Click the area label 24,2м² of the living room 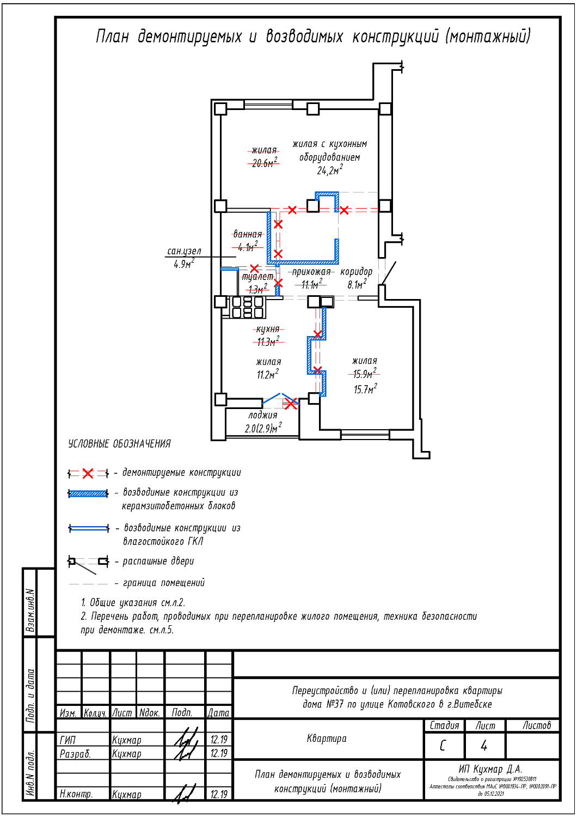[x=329, y=170]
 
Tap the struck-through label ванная [x=248, y=234]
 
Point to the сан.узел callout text [x=184, y=251]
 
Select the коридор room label [x=357, y=271]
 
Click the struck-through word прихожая [x=311, y=271]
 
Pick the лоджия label [x=263, y=415]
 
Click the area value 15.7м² [x=365, y=389]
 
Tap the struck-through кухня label [x=268, y=329]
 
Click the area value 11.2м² [x=268, y=375]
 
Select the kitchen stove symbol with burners [x=249, y=307]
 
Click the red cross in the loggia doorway [x=291, y=404]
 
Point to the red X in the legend [x=88, y=473]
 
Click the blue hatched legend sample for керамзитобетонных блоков [x=88, y=494]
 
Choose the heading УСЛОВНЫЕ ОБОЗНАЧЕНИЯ [x=119, y=444]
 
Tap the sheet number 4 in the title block [x=484, y=745]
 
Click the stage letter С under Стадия [x=443, y=745]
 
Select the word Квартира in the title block [x=327, y=739]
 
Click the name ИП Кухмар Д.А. [x=490, y=769]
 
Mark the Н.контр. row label [x=76, y=794]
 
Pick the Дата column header [x=218, y=712]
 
